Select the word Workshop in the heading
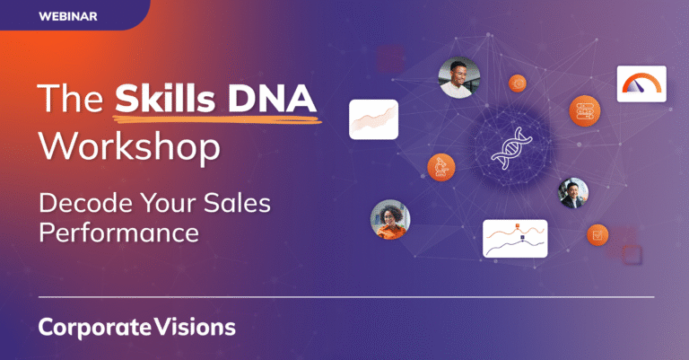point(129,145)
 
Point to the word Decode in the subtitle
point(78,204)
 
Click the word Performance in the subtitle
point(118,234)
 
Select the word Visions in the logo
point(193,327)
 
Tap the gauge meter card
point(641,83)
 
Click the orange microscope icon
point(440,166)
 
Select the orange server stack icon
point(583,111)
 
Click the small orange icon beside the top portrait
point(518,83)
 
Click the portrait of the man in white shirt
point(458,77)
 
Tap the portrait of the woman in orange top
point(390,219)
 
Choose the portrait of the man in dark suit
point(573,192)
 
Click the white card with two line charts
point(514,239)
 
